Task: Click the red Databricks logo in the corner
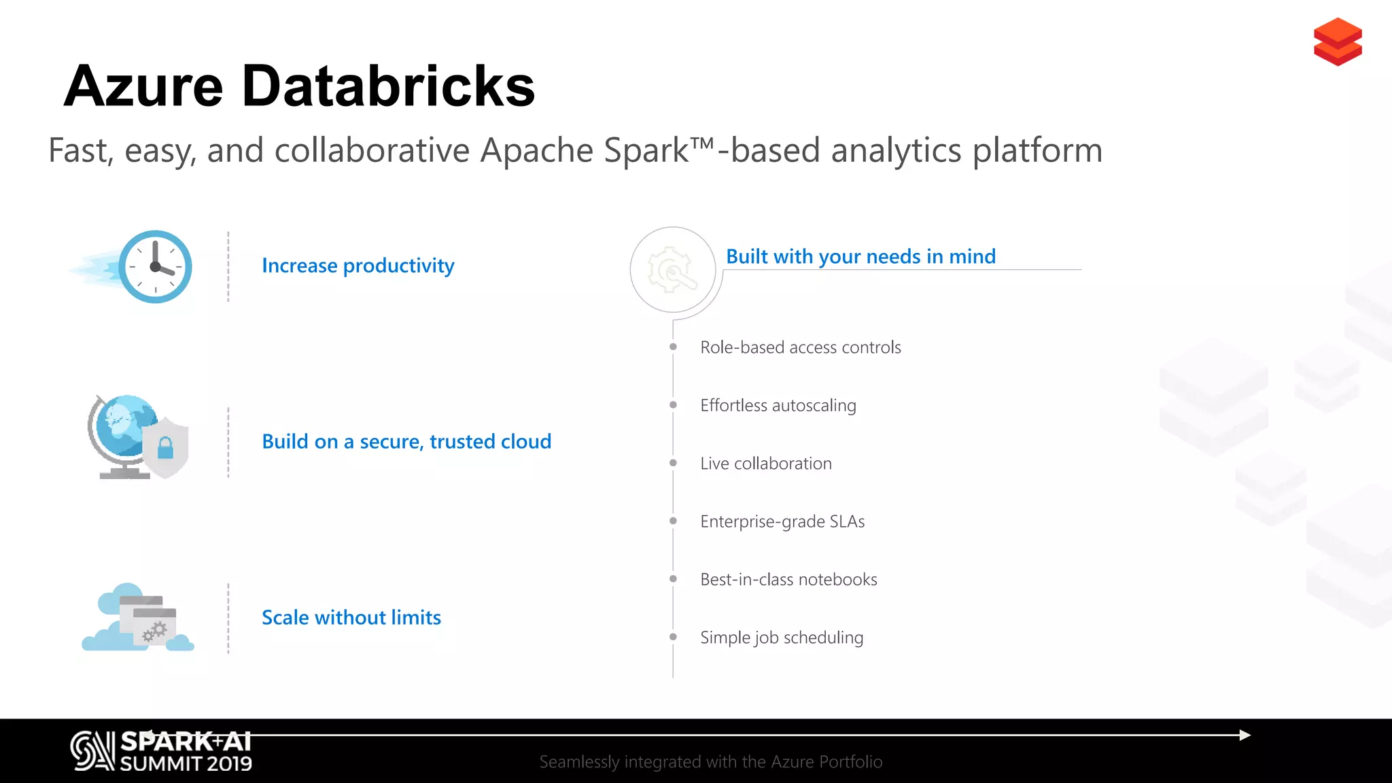[1337, 41]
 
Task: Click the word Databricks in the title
[388, 86]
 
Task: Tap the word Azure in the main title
[143, 86]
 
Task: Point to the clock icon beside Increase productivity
[155, 266]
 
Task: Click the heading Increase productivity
[358, 265]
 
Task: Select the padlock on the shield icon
[165, 449]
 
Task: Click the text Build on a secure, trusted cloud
[406, 441]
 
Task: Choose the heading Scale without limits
[351, 617]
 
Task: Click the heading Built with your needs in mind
[860, 256]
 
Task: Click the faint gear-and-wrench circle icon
[672, 270]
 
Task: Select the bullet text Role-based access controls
[800, 347]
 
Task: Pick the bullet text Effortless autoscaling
[778, 405]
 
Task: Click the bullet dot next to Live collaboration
[673, 463]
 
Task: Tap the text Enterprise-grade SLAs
[782, 521]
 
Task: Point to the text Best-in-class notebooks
[788, 579]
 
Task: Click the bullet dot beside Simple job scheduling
[673, 637]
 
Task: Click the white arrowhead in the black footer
[1245, 735]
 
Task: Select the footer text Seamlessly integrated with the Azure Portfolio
[710, 761]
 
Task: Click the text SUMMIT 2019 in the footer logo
[186, 764]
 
